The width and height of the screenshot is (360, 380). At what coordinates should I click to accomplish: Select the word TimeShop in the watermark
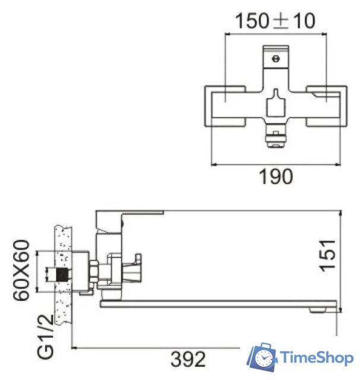point(318,357)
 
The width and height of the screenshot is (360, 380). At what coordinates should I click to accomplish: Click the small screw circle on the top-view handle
point(274,59)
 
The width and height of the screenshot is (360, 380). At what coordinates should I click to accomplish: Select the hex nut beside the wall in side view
point(93,273)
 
